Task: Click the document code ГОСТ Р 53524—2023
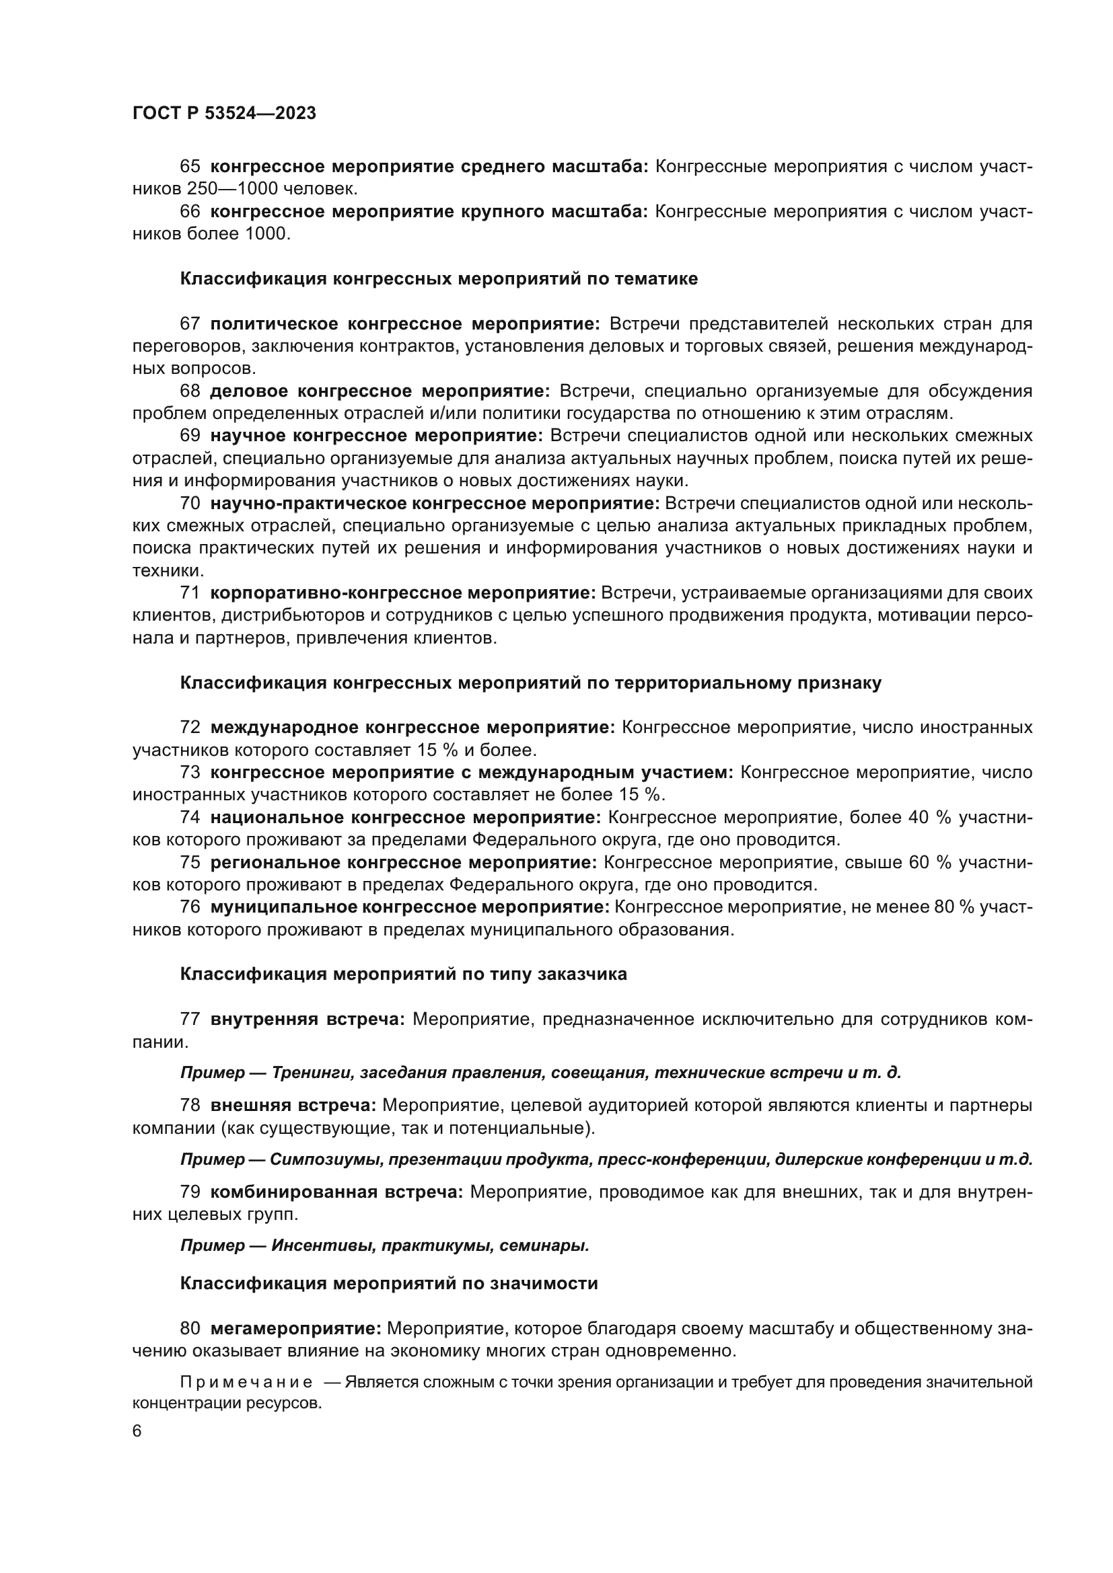[x=224, y=114]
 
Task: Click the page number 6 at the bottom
[x=137, y=1432]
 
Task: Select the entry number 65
[x=190, y=167]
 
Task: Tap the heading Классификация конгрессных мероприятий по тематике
[x=439, y=279]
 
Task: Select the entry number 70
[x=190, y=504]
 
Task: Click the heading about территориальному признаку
[x=530, y=683]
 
